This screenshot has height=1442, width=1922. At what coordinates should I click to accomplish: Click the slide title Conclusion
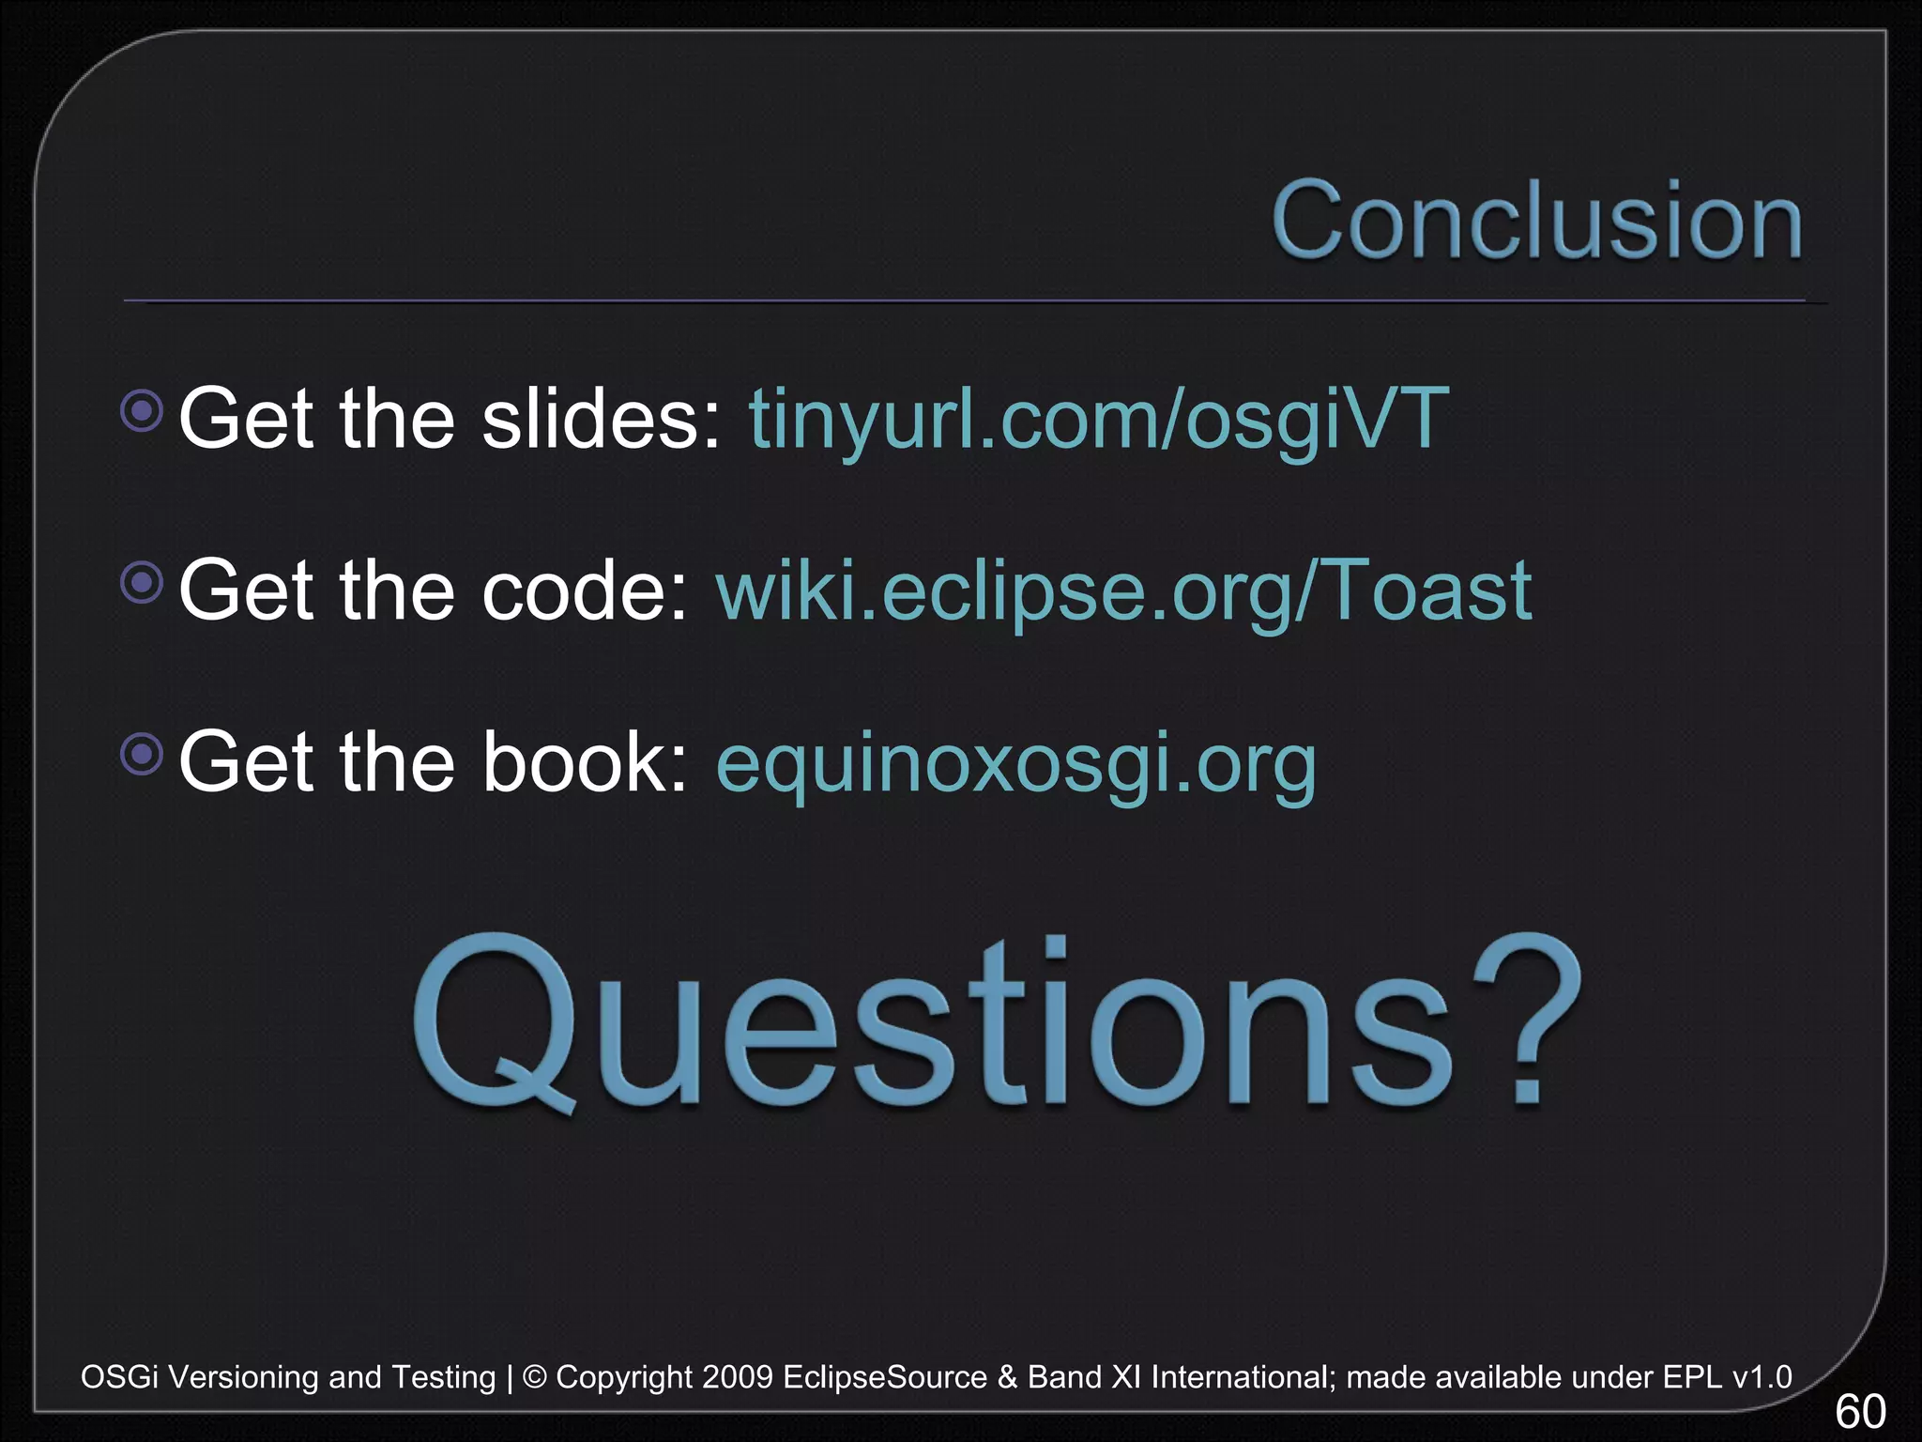tap(1536, 222)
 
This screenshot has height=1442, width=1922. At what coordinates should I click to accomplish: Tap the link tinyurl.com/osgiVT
tap(1098, 419)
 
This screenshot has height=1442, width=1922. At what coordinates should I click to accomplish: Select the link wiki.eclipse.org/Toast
tap(1123, 591)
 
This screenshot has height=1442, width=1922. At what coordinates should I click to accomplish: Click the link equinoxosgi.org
tap(1015, 762)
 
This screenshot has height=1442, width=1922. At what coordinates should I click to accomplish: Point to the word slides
tap(601, 419)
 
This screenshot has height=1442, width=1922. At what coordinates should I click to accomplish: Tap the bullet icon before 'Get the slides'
tap(143, 410)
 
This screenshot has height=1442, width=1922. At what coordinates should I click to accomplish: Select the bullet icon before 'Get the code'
tap(143, 583)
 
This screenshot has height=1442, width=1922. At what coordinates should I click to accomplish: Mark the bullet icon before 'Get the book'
tap(143, 754)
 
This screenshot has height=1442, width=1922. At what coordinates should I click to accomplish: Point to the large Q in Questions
tap(493, 1023)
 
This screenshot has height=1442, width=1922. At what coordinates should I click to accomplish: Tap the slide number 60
tap(1859, 1411)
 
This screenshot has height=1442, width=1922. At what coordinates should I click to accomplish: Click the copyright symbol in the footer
tap(534, 1377)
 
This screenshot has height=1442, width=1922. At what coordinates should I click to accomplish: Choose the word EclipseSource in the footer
tap(884, 1377)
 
